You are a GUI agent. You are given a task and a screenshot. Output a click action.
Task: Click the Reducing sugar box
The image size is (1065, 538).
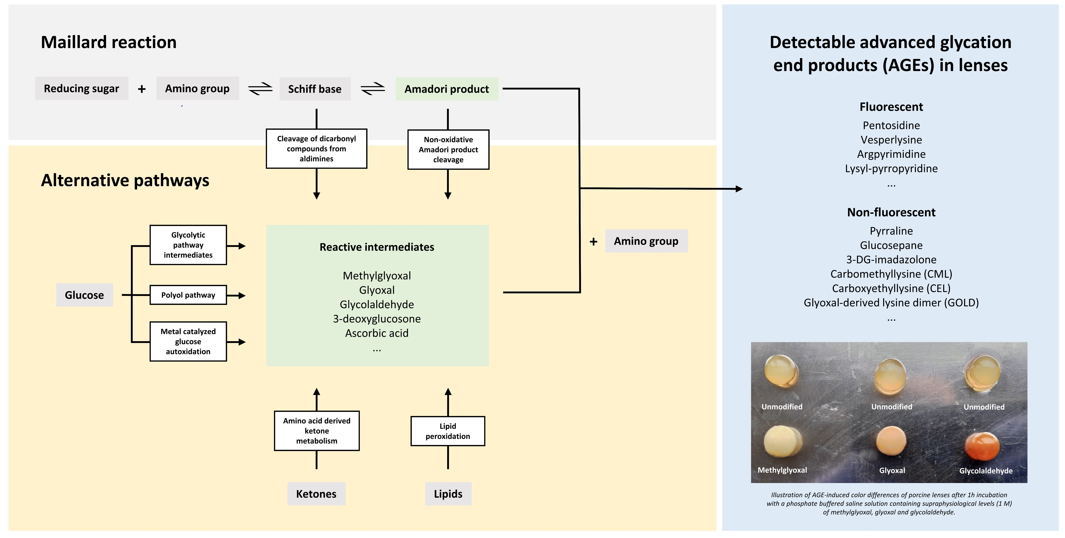coord(82,89)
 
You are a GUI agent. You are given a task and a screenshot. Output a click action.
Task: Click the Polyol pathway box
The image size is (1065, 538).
coord(188,295)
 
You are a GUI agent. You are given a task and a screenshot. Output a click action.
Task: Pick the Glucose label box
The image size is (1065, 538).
coord(84,295)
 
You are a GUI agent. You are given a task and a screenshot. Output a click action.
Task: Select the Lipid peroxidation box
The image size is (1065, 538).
coord(448,431)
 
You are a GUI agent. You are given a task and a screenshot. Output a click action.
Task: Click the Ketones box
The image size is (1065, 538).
coord(316,494)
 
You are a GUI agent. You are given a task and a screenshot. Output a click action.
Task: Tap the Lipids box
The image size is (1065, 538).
coord(448,494)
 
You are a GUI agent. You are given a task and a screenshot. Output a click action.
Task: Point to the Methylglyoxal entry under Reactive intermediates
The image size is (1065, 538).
coord(377,276)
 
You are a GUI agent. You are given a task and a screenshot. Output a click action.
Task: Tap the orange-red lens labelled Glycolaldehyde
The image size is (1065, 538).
coord(982,447)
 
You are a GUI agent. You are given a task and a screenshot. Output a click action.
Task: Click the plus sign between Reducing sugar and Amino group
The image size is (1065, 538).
coord(142,89)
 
